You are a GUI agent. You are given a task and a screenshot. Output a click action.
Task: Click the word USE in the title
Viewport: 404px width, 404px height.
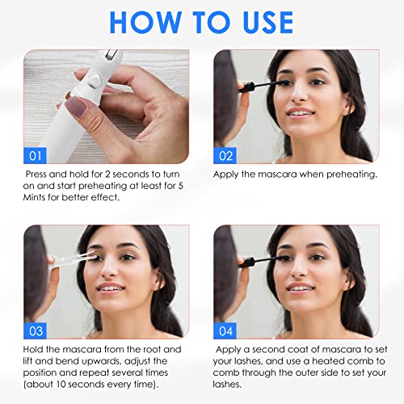[x=268, y=23]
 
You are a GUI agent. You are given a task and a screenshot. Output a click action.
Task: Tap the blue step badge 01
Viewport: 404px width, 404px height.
[x=35, y=156]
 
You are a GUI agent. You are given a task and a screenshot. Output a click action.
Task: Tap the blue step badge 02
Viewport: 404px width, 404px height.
[x=225, y=156]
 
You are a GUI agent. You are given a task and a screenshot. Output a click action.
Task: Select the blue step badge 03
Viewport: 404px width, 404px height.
[x=35, y=330]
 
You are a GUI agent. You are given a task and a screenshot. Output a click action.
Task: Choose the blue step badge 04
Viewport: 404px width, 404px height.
[x=225, y=330]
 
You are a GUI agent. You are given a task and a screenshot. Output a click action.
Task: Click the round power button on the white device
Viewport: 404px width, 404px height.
[x=95, y=82]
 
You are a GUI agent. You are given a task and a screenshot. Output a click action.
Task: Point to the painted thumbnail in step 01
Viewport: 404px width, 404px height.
[x=76, y=106]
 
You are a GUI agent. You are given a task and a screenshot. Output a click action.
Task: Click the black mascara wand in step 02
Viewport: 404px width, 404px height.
[x=261, y=85]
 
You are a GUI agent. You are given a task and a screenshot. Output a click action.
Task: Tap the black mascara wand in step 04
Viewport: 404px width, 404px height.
[x=261, y=261]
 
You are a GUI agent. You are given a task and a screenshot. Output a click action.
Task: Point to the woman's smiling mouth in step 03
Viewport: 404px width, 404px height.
[x=111, y=288]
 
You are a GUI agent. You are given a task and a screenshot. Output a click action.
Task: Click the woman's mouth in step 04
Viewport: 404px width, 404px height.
[x=300, y=287]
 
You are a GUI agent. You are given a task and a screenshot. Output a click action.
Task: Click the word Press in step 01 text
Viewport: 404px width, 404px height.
[x=36, y=175]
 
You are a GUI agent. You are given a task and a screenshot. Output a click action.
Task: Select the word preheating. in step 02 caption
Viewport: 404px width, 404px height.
[x=351, y=175]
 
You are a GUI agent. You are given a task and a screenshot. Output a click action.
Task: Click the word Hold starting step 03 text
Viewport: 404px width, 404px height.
[x=33, y=349]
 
